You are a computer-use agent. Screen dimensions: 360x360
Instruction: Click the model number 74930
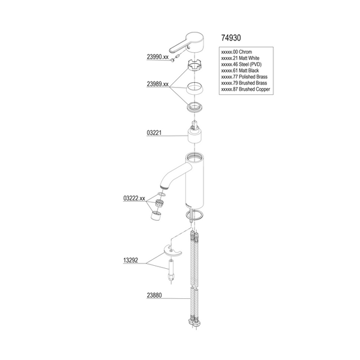(231, 38)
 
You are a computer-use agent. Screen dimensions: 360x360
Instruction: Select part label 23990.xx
(158, 57)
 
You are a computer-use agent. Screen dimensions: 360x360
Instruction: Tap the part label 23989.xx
(158, 84)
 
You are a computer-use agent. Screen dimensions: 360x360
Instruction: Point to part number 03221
(154, 133)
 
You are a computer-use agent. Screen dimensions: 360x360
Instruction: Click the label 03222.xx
(134, 198)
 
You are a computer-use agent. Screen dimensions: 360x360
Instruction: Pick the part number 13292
(131, 260)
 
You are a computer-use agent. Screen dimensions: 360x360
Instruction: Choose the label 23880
(154, 295)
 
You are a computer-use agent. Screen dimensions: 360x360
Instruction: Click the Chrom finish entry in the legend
(236, 52)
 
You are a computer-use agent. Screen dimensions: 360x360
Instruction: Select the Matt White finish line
(240, 58)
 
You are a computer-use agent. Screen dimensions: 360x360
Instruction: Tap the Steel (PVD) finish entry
(241, 64)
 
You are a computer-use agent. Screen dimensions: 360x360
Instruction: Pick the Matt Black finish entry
(239, 70)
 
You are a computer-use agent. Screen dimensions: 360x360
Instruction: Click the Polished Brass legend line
(244, 77)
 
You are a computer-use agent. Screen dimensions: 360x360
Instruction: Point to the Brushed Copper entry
(245, 89)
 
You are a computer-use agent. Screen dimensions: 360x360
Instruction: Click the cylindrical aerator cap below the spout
(157, 215)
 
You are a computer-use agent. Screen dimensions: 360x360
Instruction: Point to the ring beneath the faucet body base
(194, 215)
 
